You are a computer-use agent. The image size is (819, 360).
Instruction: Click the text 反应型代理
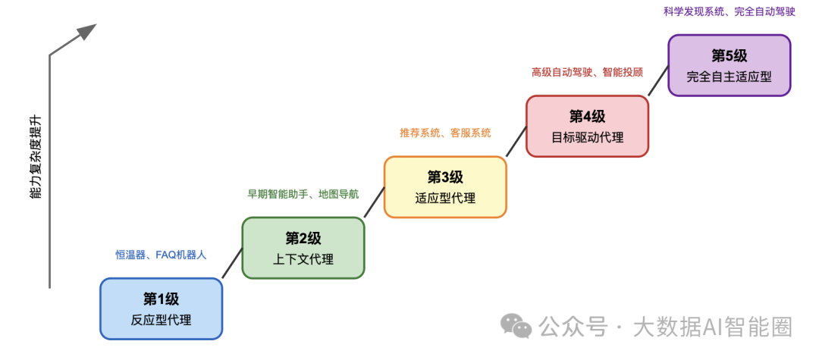(161, 320)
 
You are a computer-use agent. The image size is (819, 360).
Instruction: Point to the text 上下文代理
(303, 259)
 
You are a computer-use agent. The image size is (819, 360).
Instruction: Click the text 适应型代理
(445, 199)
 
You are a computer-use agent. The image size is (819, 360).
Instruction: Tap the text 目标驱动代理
(587, 138)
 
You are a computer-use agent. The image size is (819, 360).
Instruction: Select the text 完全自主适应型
(729, 77)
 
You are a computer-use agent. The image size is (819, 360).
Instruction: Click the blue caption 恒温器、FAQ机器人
(160, 255)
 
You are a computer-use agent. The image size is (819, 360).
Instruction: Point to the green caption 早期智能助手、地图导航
(303, 194)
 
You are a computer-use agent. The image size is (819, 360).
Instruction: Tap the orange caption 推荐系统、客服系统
(445, 133)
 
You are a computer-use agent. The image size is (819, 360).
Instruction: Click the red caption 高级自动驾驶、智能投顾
(587, 72)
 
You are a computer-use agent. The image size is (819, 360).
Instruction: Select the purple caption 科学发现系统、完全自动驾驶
(729, 11)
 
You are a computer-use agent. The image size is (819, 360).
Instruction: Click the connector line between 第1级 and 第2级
(232, 263)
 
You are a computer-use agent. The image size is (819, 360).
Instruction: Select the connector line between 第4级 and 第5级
(658, 80)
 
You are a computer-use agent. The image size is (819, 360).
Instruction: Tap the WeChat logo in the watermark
(516, 326)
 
